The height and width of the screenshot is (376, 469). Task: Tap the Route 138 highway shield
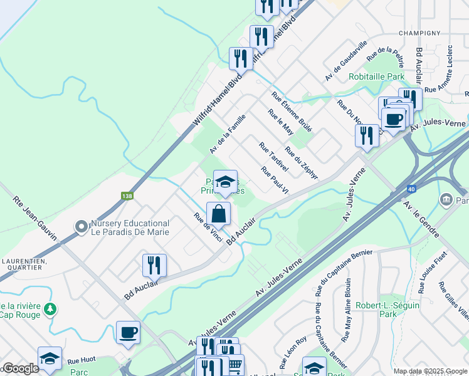[x=128, y=196]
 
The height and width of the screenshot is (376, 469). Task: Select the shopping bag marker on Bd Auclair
[x=218, y=214]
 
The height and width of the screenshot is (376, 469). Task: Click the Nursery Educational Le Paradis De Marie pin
[x=80, y=226]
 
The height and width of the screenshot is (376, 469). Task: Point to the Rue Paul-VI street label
[x=275, y=180]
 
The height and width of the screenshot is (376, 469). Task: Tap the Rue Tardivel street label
[x=273, y=157]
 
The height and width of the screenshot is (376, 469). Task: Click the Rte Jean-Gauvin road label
[x=34, y=219]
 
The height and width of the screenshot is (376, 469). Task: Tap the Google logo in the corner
[x=20, y=368]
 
